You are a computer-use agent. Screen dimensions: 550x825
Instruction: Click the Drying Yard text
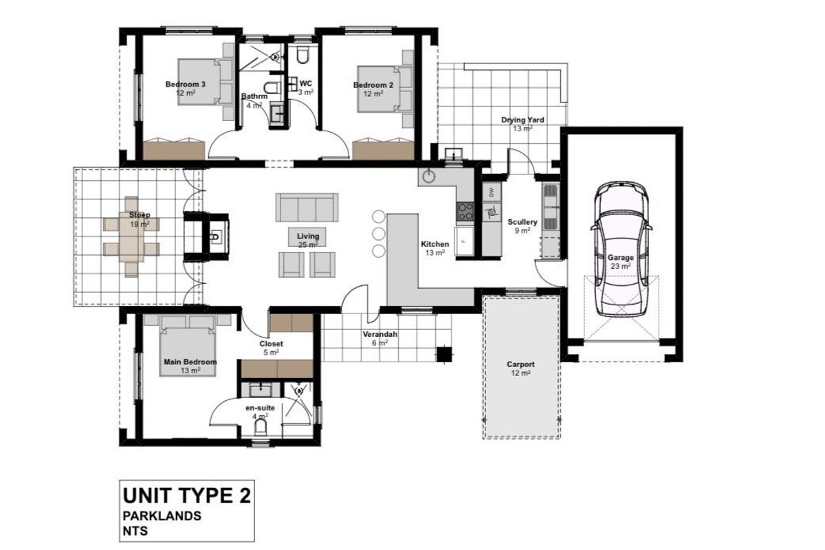point(522,120)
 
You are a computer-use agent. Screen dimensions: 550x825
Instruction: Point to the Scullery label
point(522,223)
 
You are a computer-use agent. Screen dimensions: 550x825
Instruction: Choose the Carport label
point(520,365)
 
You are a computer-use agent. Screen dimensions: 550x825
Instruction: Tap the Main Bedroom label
point(190,362)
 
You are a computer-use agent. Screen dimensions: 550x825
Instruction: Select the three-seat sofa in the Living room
point(307,206)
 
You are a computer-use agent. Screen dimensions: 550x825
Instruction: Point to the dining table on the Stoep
point(131,235)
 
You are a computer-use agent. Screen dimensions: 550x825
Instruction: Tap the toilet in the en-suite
point(261,428)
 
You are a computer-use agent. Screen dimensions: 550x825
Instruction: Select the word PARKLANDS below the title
point(162,516)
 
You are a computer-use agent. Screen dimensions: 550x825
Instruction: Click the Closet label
point(271,344)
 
